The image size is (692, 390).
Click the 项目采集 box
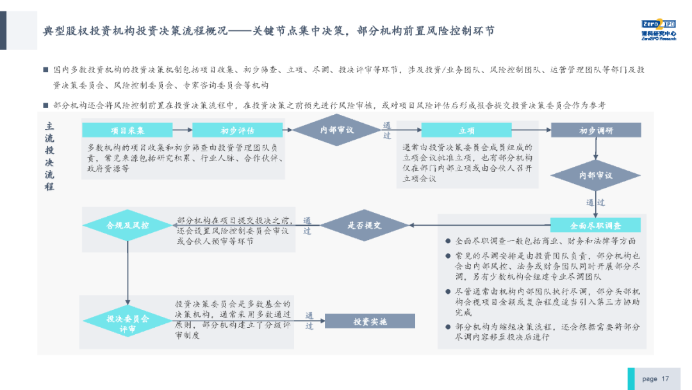(x=128, y=130)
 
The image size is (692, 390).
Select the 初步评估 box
(x=237, y=130)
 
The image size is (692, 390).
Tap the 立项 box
(x=466, y=130)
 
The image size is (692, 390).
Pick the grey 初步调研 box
(x=596, y=130)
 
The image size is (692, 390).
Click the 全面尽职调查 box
(x=595, y=225)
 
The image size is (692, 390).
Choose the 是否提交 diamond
(x=364, y=225)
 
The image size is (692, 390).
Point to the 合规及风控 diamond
(x=128, y=225)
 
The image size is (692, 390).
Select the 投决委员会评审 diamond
(x=128, y=323)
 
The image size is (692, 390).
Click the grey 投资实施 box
(x=370, y=321)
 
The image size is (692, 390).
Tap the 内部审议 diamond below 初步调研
(x=596, y=175)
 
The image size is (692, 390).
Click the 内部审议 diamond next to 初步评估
(x=337, y=130)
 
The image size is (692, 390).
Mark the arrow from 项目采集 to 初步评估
(x=183, y=130)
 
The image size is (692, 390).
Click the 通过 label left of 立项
(x=387, y=130)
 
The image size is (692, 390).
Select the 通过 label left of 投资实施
(x=309, y=321)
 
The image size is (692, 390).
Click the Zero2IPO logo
(x=658, y=30)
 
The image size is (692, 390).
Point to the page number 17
(x=665, y=378)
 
